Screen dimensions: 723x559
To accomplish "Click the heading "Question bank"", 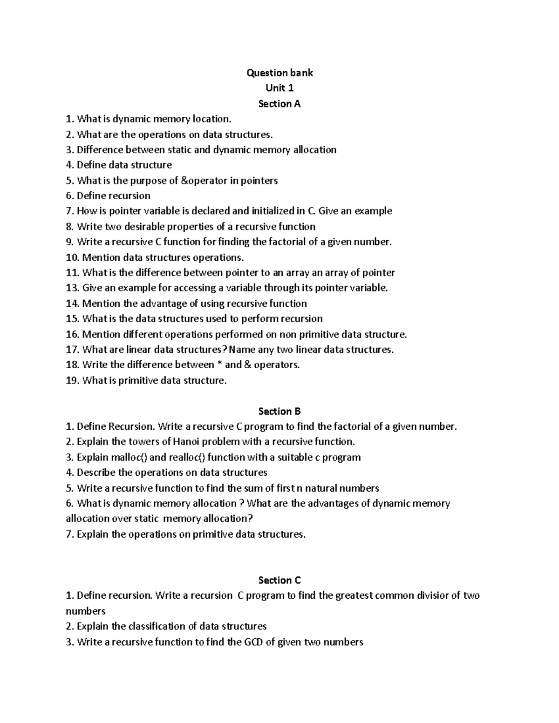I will [x=279, y=73].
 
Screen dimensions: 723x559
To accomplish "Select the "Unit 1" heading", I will [x=279, y=88].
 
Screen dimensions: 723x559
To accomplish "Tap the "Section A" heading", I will [x=279, y=103].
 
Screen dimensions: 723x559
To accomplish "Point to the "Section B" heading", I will [x=279, y=411].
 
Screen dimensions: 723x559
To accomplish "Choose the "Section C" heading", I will [x=279, y=580].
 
